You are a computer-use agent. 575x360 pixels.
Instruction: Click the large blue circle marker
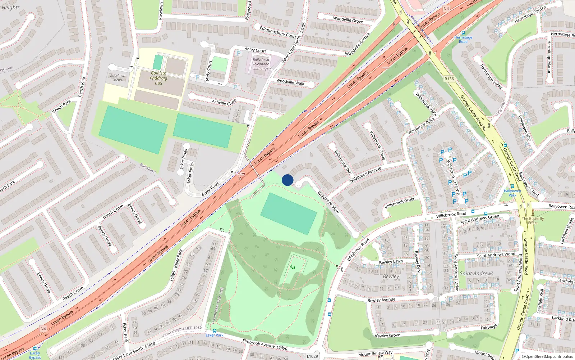point(287,180)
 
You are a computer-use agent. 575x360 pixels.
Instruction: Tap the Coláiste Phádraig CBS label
point(158,78)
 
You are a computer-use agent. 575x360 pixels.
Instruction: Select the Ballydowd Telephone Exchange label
point(261,64)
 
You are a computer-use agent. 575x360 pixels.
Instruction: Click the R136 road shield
point(449,79)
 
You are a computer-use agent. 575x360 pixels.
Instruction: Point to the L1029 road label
point(312,356)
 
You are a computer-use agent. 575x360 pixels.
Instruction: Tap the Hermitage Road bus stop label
point(463,39)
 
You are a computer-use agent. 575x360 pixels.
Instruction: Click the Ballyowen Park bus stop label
point(512,193)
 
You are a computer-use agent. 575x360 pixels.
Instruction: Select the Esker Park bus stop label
point(215,335)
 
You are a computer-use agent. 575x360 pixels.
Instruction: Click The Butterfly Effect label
point(533,220)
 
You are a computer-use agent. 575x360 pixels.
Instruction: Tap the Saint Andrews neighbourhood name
point(477,274)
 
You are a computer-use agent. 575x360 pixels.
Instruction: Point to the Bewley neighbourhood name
point(391,276)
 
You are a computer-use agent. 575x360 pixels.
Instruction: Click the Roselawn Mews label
point(118,78)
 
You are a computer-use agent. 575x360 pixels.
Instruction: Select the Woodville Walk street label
point(290,82)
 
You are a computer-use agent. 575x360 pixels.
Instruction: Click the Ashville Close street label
point(224,102)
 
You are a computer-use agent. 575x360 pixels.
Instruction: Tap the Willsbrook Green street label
point(400,203)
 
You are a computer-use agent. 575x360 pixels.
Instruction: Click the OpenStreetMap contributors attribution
point(547,356)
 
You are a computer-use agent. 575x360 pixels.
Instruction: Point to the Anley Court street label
point(255,50)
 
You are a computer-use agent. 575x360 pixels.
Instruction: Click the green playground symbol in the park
point(293,267)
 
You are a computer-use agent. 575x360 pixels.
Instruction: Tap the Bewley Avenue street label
point(381,300)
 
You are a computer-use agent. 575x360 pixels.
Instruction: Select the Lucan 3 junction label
point(240,176)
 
